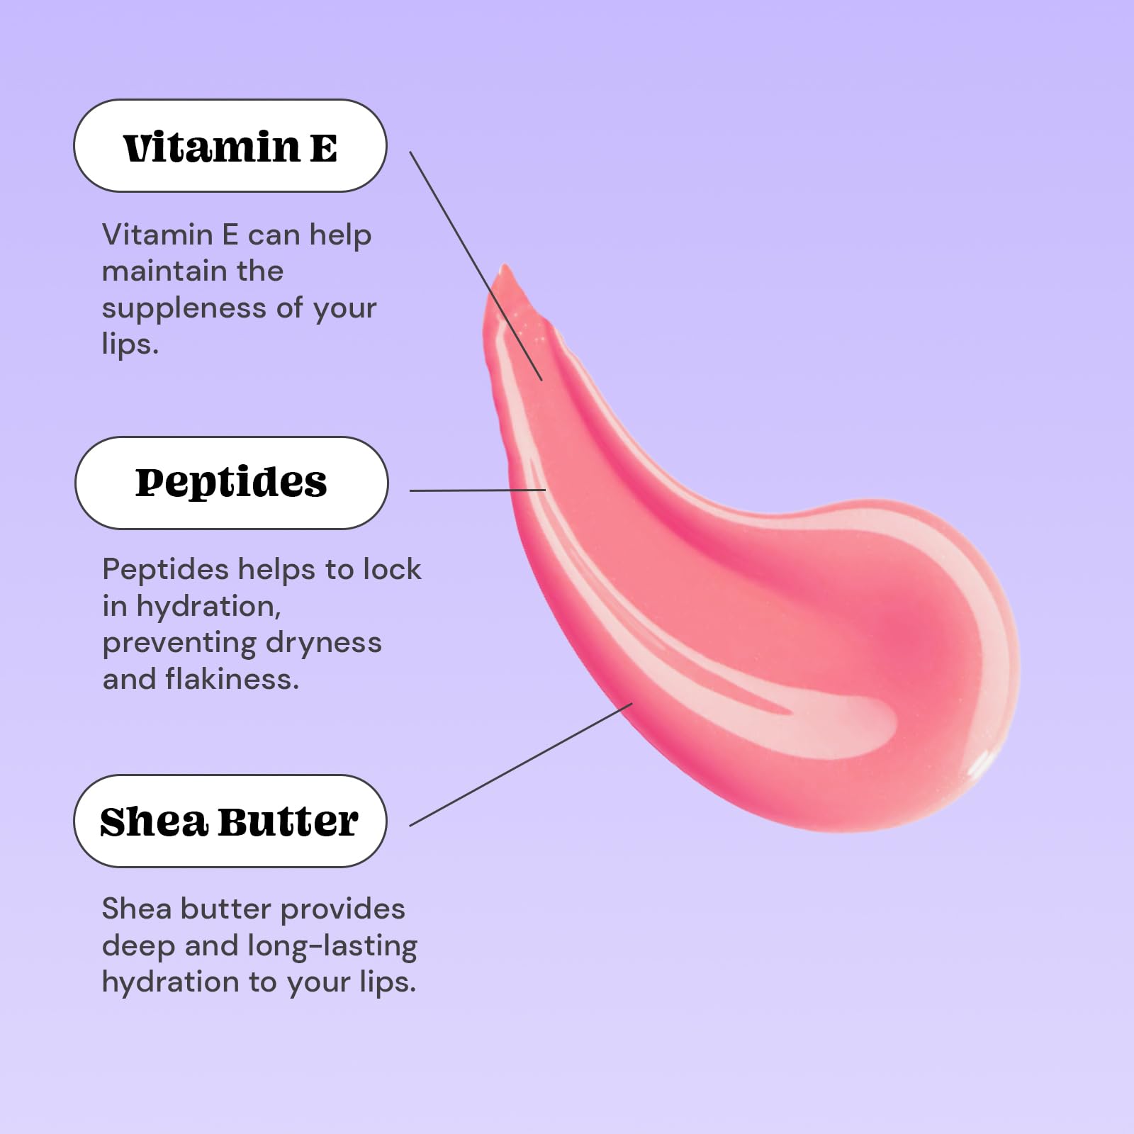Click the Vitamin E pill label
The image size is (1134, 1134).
tap(230, 145)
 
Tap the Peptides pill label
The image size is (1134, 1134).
tap(232, 483)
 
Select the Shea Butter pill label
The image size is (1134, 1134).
tap(230, 821)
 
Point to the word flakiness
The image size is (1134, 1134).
tap(232, 679)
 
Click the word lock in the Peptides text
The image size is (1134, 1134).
tap(392, 569)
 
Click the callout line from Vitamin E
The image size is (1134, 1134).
tap(476, 266)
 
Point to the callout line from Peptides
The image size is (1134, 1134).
tap(478, 490)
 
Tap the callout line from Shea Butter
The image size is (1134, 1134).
tap(521, 765)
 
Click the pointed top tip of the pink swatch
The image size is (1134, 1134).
tap(504, 266)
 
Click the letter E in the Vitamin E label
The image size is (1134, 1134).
tap(323, 148)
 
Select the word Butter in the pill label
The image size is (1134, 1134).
tap(288, 822)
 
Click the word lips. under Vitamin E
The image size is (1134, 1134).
tap(130, 345)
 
